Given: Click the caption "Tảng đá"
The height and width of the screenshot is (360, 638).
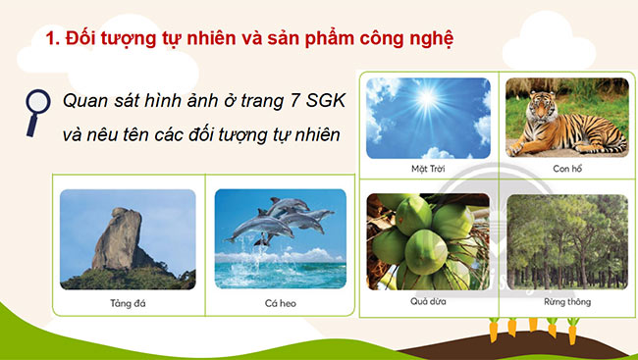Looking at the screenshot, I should [x=127, y=303].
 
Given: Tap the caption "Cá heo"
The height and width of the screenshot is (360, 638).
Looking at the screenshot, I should [x=281, y=303].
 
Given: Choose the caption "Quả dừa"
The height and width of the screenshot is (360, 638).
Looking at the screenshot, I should [x=429, y=301].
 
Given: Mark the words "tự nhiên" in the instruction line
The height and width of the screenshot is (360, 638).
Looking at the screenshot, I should [x=306, y=135].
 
